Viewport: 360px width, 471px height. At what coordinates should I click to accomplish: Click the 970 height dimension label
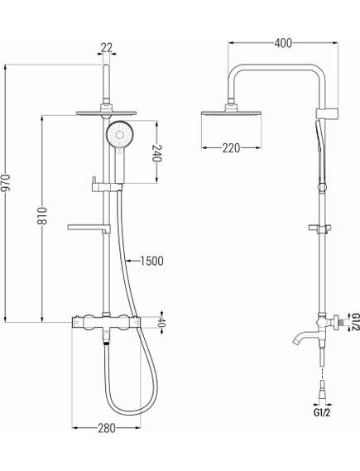tap(7, 183)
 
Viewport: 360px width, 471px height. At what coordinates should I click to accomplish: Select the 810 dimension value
tap(42, 215)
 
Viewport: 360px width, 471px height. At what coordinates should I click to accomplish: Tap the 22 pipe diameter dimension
tap(107, 47)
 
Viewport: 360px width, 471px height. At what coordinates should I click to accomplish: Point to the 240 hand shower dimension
tap(157, 153)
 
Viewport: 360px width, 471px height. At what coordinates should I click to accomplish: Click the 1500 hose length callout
tap(152, 261)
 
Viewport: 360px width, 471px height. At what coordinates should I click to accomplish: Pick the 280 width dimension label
tap(107, 428)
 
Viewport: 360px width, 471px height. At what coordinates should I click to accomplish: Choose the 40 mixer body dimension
tap(161, 323)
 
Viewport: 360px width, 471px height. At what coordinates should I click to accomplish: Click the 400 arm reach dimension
tap(283, 43)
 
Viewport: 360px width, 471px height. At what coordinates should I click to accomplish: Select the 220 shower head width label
tap(231, 148)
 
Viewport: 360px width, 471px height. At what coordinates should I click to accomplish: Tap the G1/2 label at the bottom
tap(322, 412)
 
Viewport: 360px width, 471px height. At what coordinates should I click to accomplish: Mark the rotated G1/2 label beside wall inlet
tap(356, 322)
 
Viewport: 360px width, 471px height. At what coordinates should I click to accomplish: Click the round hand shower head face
tap(119, 134)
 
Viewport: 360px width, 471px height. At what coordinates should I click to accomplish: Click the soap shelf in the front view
tap(89, 228)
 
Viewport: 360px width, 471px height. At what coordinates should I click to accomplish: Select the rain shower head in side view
tap(231, 113)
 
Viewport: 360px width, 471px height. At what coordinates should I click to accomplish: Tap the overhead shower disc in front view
tap(106, 113)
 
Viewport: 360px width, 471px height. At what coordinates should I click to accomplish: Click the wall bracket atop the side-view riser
tap(327, 114)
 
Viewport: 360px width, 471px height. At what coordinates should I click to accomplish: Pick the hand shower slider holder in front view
tap(107, 187)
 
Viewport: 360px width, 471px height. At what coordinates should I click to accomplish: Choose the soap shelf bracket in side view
tap(320, 228)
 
